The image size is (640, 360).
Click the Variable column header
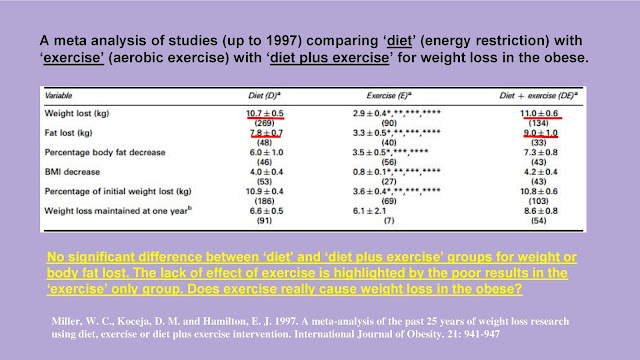coord(58,96)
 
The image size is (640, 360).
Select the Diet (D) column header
coord(264,96)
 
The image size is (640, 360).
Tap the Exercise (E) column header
coord(389,96)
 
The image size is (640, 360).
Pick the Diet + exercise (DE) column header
coord(538,96)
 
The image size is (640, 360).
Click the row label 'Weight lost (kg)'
coord(77,113)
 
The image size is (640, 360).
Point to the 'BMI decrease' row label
coord(72,172)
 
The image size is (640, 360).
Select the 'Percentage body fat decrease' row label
coord(105,152)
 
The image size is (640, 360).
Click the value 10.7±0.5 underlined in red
coord(264,113)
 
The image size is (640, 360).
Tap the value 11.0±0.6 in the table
coord(539,113)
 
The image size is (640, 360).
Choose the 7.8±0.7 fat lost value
coord(266,133)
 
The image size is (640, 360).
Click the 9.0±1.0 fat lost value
coord(540,133)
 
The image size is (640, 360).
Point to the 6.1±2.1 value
coord(369,211)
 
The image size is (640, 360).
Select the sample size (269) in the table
coord(264,123)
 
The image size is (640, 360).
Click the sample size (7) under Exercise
coord(389,221)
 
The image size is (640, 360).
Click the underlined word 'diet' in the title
coord(399,41)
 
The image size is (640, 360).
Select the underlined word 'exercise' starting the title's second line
coord(73,58)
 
